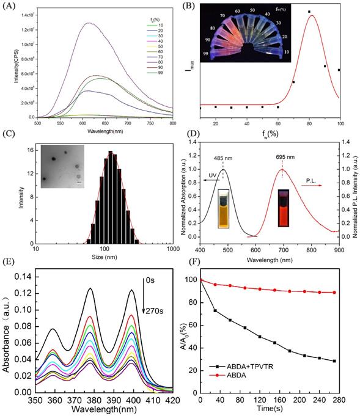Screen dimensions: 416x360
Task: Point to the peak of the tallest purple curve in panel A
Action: (90, 23)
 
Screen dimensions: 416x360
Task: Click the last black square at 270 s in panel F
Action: (335, 361)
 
